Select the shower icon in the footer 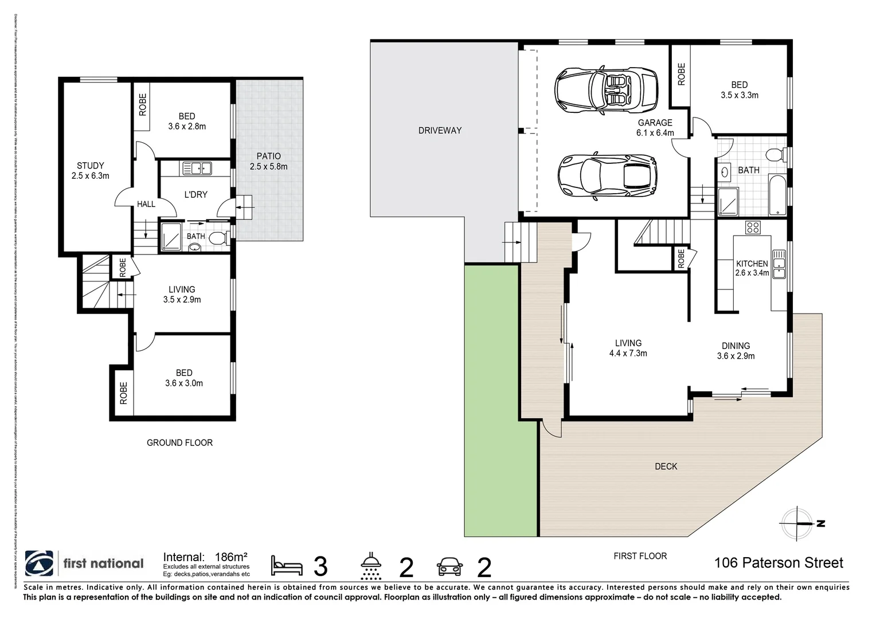pos(371,566)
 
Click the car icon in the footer pos(449,566)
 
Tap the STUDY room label pos(91,166)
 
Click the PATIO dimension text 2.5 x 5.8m pos(268,167)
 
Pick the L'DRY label pos(195,195)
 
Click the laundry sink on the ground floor pos(197,168)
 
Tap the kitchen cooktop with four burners pos(752,227)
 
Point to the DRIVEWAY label pos(440,131)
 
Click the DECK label pos(666,467)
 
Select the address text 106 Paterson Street pos(778,563)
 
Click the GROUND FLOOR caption pos(179,443)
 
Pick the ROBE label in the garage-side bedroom pos(681,75)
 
